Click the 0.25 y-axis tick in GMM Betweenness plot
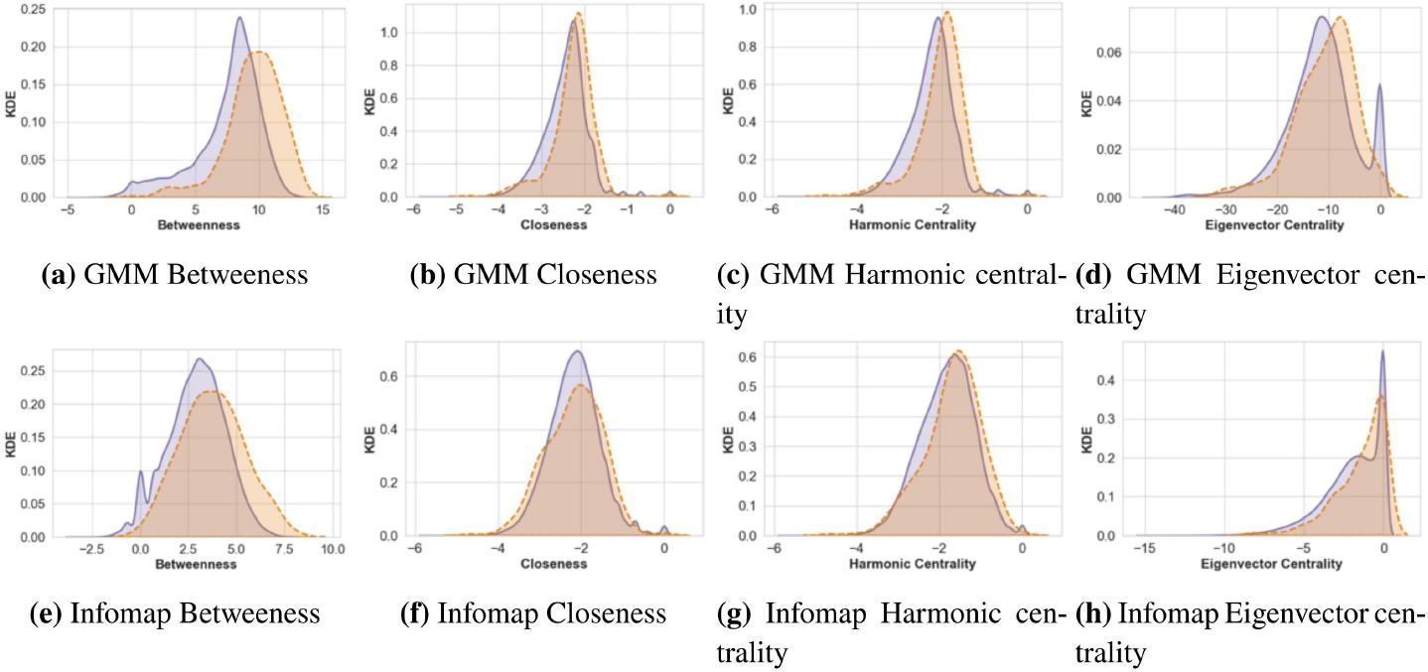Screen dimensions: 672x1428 click(x=30, y=9)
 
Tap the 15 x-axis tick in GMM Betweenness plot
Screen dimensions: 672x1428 click(x=322, y=210)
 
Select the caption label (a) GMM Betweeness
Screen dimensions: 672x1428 click(x=175, y=275)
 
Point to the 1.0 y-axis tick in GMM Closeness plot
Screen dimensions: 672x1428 click(x=394, y=32)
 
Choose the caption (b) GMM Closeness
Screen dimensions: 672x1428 click(x=533, y=275)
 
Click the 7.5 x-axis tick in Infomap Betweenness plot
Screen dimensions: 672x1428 click(x=284, y=549)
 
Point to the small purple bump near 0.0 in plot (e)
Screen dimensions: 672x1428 click(x=140, y=471)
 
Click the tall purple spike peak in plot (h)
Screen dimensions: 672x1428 click(x=1382, y=350)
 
